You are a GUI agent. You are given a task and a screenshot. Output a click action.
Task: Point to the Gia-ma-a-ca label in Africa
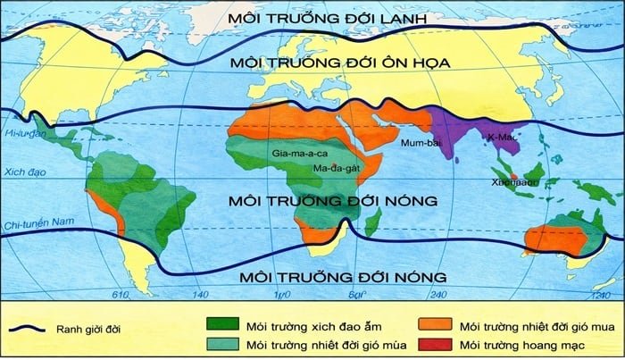[x=300, y=154]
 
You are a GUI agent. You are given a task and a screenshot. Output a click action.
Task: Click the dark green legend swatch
[x=229, y=323]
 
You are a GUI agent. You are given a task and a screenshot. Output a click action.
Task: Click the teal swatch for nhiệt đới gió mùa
[x=229, y=344]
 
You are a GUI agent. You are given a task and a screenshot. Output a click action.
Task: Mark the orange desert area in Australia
[x=546, y=240]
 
